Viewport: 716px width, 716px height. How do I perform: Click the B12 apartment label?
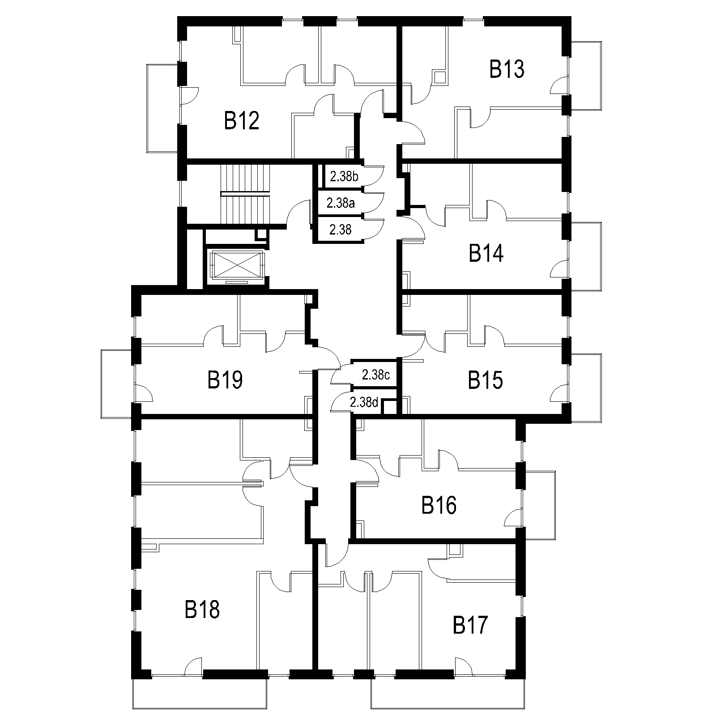[242, 121]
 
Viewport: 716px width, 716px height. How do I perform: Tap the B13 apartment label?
[507, 69]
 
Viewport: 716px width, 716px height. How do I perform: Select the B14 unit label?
[486, 253]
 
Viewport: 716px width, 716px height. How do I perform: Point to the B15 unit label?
[486, 380]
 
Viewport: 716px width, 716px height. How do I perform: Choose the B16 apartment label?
[439, 505]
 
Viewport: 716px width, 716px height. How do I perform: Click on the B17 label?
[470, 625]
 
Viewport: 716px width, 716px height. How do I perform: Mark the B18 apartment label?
[202, 609]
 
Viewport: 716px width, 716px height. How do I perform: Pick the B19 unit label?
[225, 380]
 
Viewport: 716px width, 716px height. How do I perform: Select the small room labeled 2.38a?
[341, 204]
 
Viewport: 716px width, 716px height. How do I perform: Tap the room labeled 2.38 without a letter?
[341, 230]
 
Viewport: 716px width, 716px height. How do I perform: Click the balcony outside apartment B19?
[117, 384]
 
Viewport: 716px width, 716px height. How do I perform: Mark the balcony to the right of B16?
[540, 505]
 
